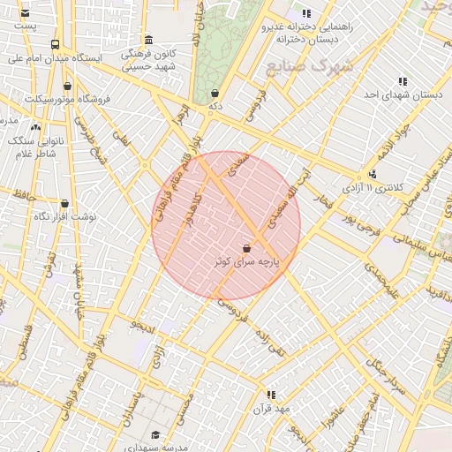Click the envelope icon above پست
coord(24,14)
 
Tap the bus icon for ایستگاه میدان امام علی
coord(56,44)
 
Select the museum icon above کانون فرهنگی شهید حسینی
coord(147,41)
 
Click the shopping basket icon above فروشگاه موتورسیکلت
coord(68,87)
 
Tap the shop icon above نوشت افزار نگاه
coord(64,204)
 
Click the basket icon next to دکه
coord(215,93)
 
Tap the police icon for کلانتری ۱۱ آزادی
coord(373,174)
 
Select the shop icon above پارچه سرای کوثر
coord(246,250)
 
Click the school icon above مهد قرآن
coord(271,395)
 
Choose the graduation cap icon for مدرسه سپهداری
coord(156,434)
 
